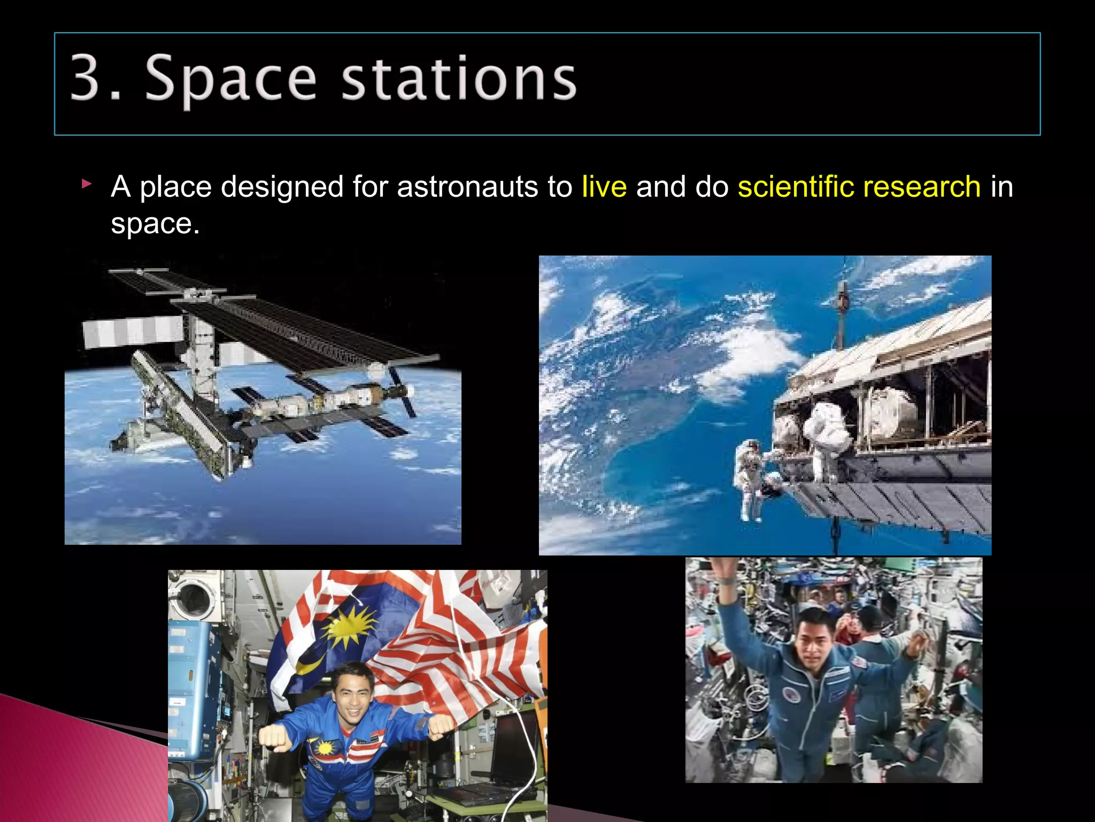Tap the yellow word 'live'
click(x=604, y=187)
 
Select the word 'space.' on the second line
click(x=155, y=224)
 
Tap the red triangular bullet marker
click(x=87, y=185)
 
